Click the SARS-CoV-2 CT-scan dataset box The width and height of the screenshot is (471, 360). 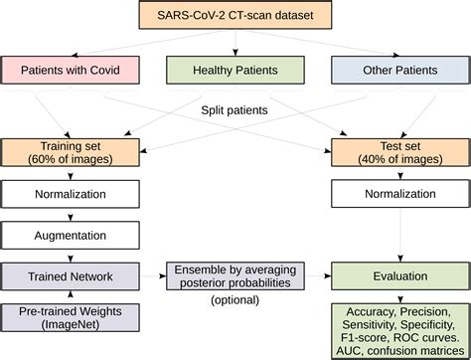point(235,17)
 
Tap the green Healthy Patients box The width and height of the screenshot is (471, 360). point(235,71)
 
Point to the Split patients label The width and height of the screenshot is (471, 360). point(235,112)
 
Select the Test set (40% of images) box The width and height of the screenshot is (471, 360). point(396,150)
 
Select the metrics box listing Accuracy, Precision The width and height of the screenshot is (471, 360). point(396,327)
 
